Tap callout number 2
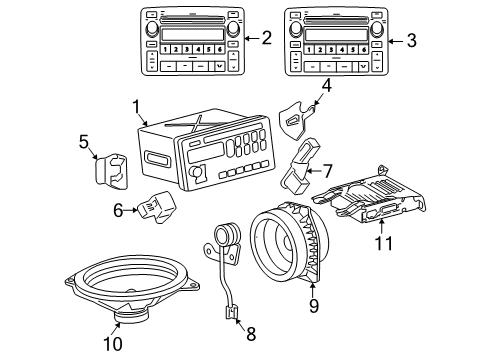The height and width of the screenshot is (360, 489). [x=266, y=39]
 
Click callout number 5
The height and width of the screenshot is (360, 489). [x=83, y=140]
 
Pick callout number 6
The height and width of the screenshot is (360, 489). [x=118, y=210]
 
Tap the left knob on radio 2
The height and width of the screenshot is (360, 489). [x=153, y=29]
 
